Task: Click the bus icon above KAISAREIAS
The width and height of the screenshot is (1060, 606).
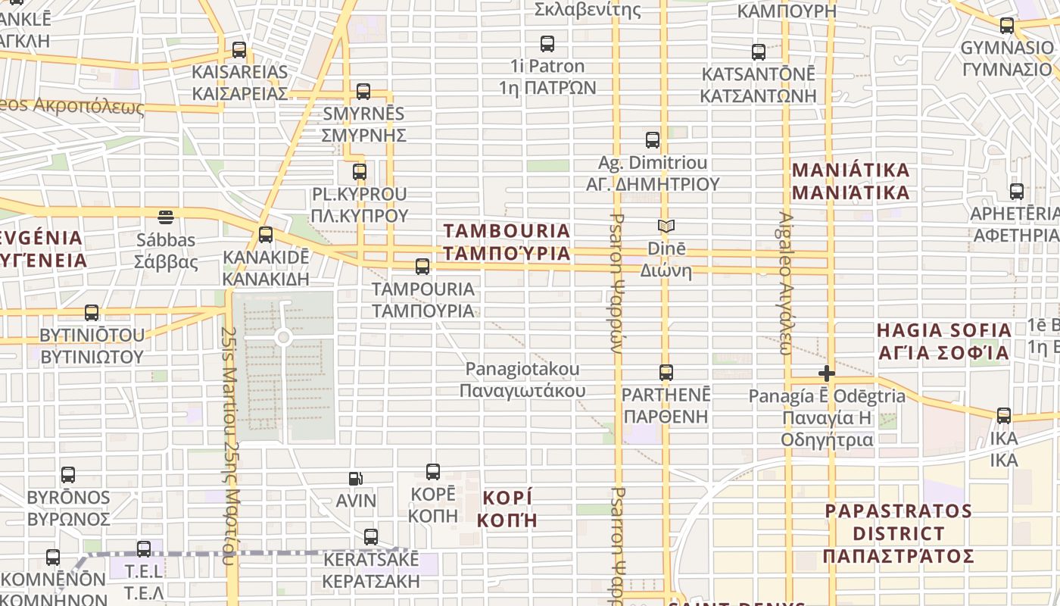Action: pos(239,50)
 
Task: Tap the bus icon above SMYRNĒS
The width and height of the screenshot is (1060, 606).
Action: pos(363,92)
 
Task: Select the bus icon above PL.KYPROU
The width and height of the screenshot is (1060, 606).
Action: pos(360,171)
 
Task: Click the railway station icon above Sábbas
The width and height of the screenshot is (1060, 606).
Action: pos(166,217)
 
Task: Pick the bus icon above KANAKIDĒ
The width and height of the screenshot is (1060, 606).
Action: pos(266,235)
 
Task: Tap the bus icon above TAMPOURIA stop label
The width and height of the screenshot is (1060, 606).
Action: pos(422,267)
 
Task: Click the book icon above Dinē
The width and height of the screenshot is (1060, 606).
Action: pos(666,226)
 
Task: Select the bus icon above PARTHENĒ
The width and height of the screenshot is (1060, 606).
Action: pos(666,373)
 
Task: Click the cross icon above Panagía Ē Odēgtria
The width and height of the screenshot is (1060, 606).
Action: pos(827,373)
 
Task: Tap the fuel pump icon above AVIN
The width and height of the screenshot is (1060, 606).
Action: pos(356,478)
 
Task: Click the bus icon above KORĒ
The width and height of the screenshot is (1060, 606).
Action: pos(433,472)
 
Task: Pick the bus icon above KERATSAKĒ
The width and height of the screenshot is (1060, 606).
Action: pos(371,537)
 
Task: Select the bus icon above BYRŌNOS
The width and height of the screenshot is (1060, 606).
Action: pos(68,475)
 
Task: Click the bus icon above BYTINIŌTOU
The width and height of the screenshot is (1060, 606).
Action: pos(92,312)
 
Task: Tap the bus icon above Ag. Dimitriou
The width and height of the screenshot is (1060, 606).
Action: pos(653,140)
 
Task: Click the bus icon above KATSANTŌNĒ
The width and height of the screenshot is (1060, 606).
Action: pos(759,52)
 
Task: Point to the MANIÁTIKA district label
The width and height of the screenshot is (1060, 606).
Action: pos(851,180)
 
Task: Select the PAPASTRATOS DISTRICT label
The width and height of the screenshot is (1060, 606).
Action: pos(899,533)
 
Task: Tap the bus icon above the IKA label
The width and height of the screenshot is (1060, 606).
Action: pos(1004,415)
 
